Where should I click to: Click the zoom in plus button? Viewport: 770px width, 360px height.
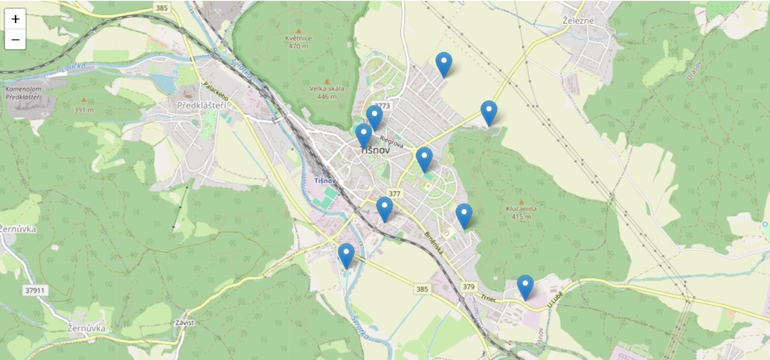coord(15,19)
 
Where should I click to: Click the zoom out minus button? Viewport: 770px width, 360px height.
coord(15,39)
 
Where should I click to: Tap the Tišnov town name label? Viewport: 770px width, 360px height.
coord(374,150)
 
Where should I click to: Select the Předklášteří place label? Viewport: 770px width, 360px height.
coord(201,106)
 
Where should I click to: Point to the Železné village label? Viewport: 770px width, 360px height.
coord(579,20)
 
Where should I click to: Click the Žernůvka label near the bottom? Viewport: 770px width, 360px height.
coord(86,328)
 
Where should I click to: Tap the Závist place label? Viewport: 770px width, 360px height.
coord(183,323)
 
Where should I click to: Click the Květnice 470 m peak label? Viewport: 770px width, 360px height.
coord(298,42)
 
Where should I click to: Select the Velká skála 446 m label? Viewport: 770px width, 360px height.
coord(327,92)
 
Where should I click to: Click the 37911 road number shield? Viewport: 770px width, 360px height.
coord(35,290)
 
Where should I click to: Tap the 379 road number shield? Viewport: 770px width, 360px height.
coord(468,286)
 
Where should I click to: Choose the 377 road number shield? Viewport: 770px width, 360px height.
coord(394,193)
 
